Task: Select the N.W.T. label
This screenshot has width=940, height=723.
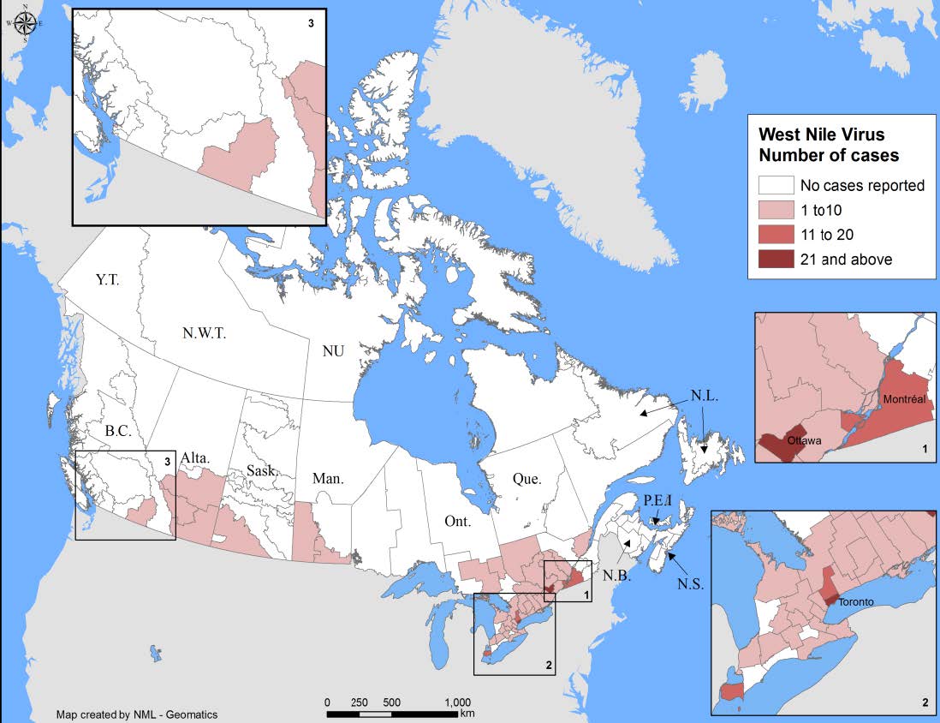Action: [203, 333]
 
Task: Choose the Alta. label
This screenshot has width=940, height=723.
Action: [196, 459]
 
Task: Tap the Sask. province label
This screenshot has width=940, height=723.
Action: [261, 470]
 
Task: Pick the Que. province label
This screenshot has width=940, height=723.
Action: [527, 479]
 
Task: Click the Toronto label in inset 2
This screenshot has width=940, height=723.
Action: [856, 601]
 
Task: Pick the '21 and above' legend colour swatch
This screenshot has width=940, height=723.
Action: [776, 259]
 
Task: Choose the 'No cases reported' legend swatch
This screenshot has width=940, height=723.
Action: [776, 185]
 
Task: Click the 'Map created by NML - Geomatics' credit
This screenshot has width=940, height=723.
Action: [137, 714]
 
